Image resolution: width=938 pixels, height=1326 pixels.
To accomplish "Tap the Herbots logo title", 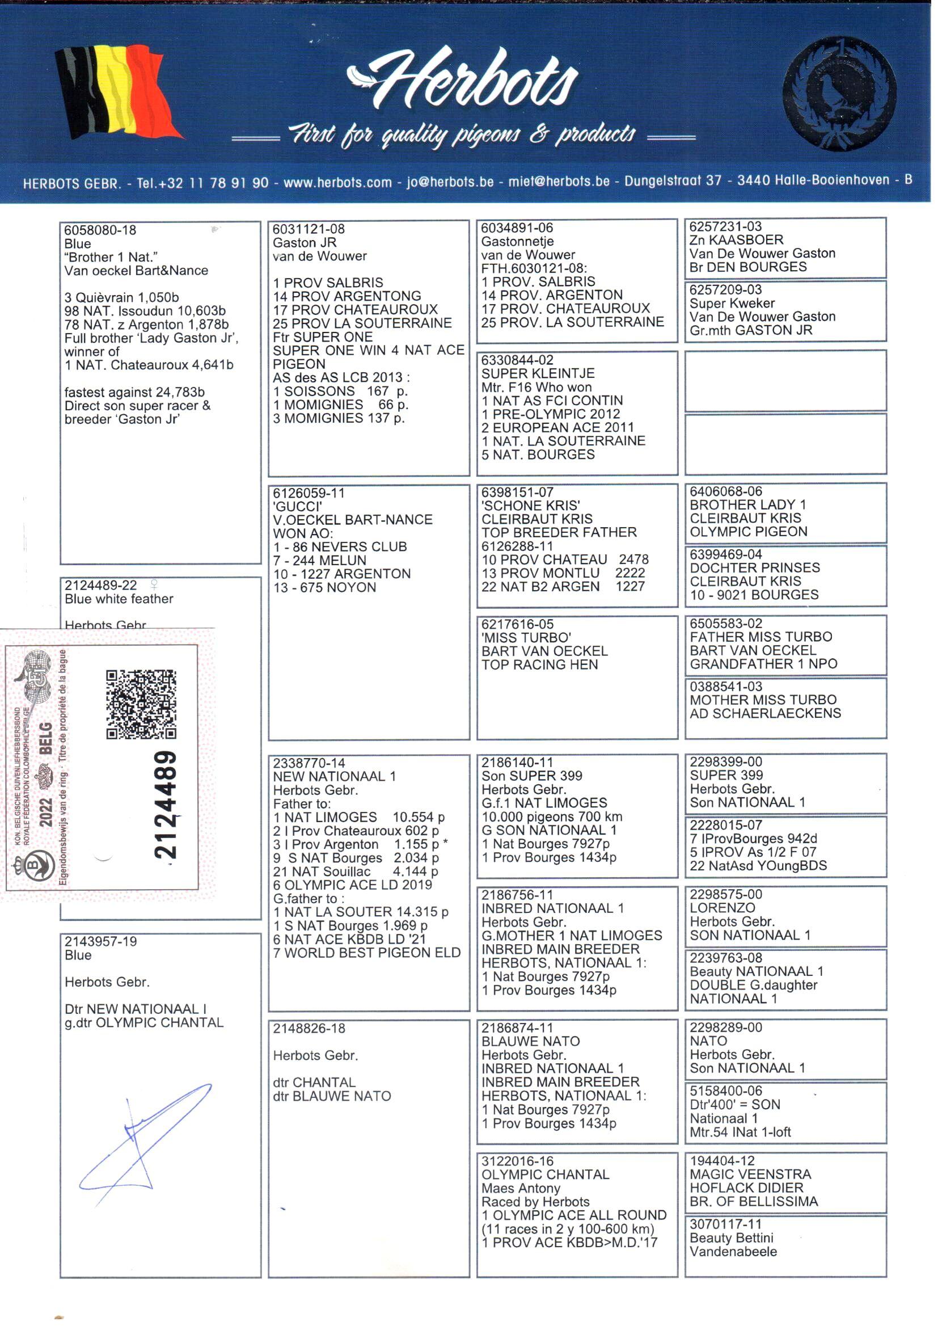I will [x=465, y=81].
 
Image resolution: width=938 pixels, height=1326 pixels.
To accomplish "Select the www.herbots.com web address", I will [x=337, y=183].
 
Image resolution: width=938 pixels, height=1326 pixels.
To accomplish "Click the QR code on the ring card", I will [x=141, y=704].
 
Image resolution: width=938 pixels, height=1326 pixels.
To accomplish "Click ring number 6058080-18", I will [x=100, y=230].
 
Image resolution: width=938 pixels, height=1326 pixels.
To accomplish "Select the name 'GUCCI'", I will [x=298, y=506].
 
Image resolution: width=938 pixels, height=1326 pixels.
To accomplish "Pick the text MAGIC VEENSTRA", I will [x=750, y=1174].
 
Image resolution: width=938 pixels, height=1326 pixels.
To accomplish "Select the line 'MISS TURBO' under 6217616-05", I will [x=526, y=637].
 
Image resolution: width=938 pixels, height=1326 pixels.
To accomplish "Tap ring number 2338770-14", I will [x=309, y=763].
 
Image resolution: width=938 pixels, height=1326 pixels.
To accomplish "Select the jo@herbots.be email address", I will [x=450, y=182].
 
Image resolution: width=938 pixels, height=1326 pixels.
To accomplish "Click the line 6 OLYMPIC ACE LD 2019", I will [x=352, y=885].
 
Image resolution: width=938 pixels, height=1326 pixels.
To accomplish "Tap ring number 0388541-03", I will [x=725, y=687].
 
